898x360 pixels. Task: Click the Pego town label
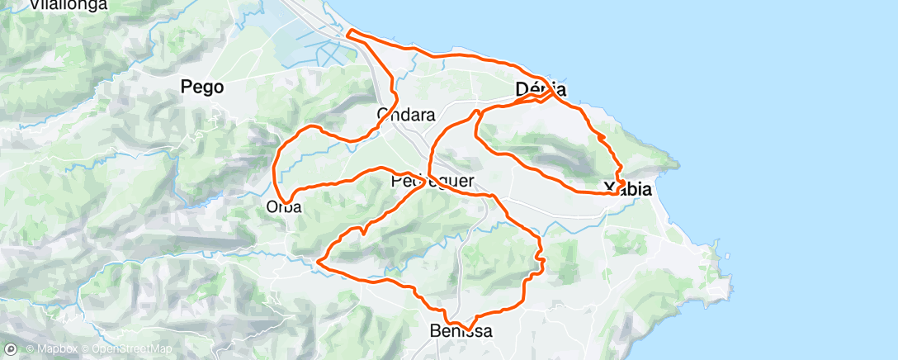coord(202,88)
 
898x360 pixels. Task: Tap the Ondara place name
coord(405,115)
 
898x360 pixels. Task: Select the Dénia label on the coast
coord(541,89)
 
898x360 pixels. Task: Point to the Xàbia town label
coord(628,189)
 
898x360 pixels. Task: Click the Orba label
coord(284,207)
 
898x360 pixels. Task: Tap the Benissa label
coord(462,331)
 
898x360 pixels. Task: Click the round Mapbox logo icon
coord(11,349)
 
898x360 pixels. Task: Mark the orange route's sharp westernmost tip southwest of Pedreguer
coord(318,263)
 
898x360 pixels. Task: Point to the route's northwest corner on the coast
coord(348,32)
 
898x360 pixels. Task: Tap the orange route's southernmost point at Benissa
coord(468,329)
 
